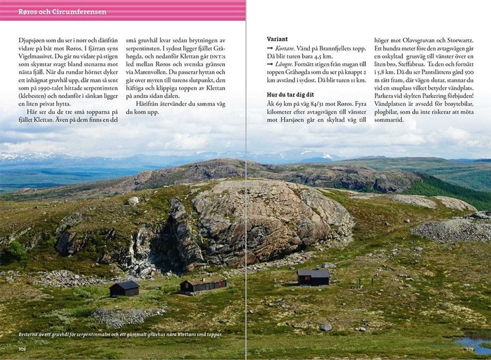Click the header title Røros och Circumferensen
(62, 12)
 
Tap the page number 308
(23, 349)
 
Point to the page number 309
(470, 349)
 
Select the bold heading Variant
(277, 39)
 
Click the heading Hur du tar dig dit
(290, 94)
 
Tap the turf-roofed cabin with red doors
(203, 285)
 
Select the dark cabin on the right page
(313, 277)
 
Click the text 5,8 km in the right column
(385, 72)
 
